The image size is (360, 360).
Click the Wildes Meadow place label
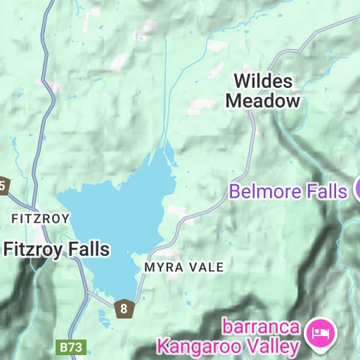(262, 91)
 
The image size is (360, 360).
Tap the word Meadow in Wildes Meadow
(262, 101)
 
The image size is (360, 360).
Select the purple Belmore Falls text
(288, 191)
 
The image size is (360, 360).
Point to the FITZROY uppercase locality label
(40, 219)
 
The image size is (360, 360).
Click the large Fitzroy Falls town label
(56, 249)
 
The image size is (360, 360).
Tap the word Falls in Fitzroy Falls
(89, 249)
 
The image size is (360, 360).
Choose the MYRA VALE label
(184, 267)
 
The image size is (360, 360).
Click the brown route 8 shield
(124, 308)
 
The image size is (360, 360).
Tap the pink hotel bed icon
(323, 330)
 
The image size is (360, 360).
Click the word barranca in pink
(262, 328)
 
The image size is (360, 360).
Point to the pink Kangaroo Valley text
(229, 346)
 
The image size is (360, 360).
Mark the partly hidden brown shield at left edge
(3, 186)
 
